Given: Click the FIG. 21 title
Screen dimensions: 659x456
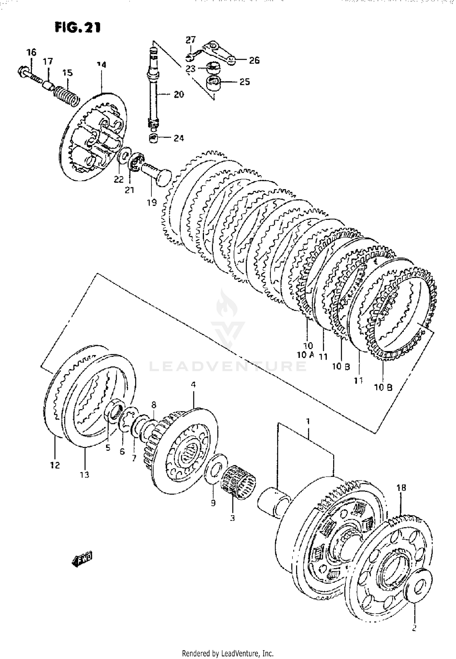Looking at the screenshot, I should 77,28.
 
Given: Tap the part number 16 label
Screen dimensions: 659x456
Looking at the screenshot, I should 31,52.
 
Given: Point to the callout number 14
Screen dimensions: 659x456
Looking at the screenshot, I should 101,65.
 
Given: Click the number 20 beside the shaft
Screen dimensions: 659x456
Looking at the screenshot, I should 179,94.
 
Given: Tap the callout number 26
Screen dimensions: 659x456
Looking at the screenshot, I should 254,60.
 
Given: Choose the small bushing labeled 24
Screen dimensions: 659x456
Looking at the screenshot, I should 154,138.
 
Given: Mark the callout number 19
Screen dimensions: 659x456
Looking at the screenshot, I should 152,202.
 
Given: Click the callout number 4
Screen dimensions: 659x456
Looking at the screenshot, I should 193,385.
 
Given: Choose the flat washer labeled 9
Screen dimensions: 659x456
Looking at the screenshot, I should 216,468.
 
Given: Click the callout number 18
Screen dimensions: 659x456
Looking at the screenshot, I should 401,488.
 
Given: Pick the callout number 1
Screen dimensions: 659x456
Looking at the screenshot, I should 308,421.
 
